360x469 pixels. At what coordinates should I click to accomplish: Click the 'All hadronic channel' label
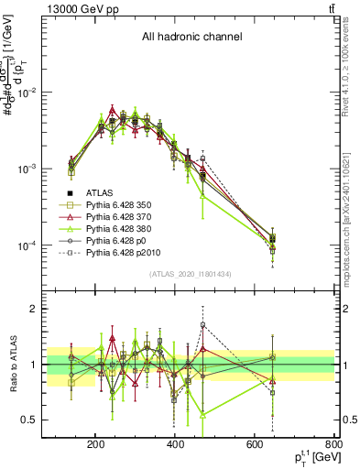[191, 38]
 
